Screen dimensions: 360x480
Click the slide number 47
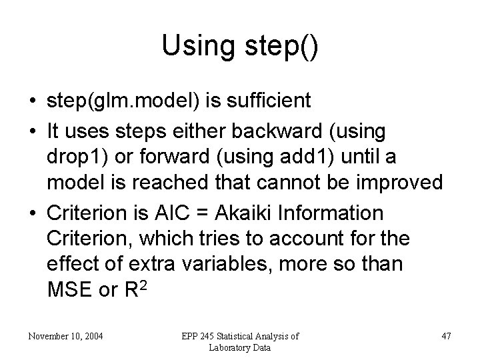pos(445,337)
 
